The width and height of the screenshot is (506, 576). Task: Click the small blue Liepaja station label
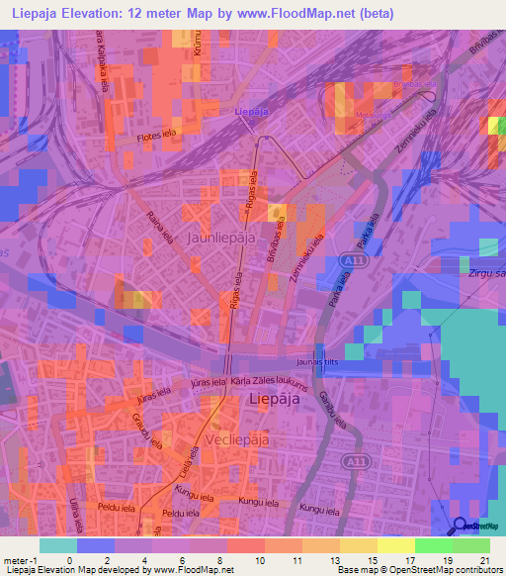(251, 113)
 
